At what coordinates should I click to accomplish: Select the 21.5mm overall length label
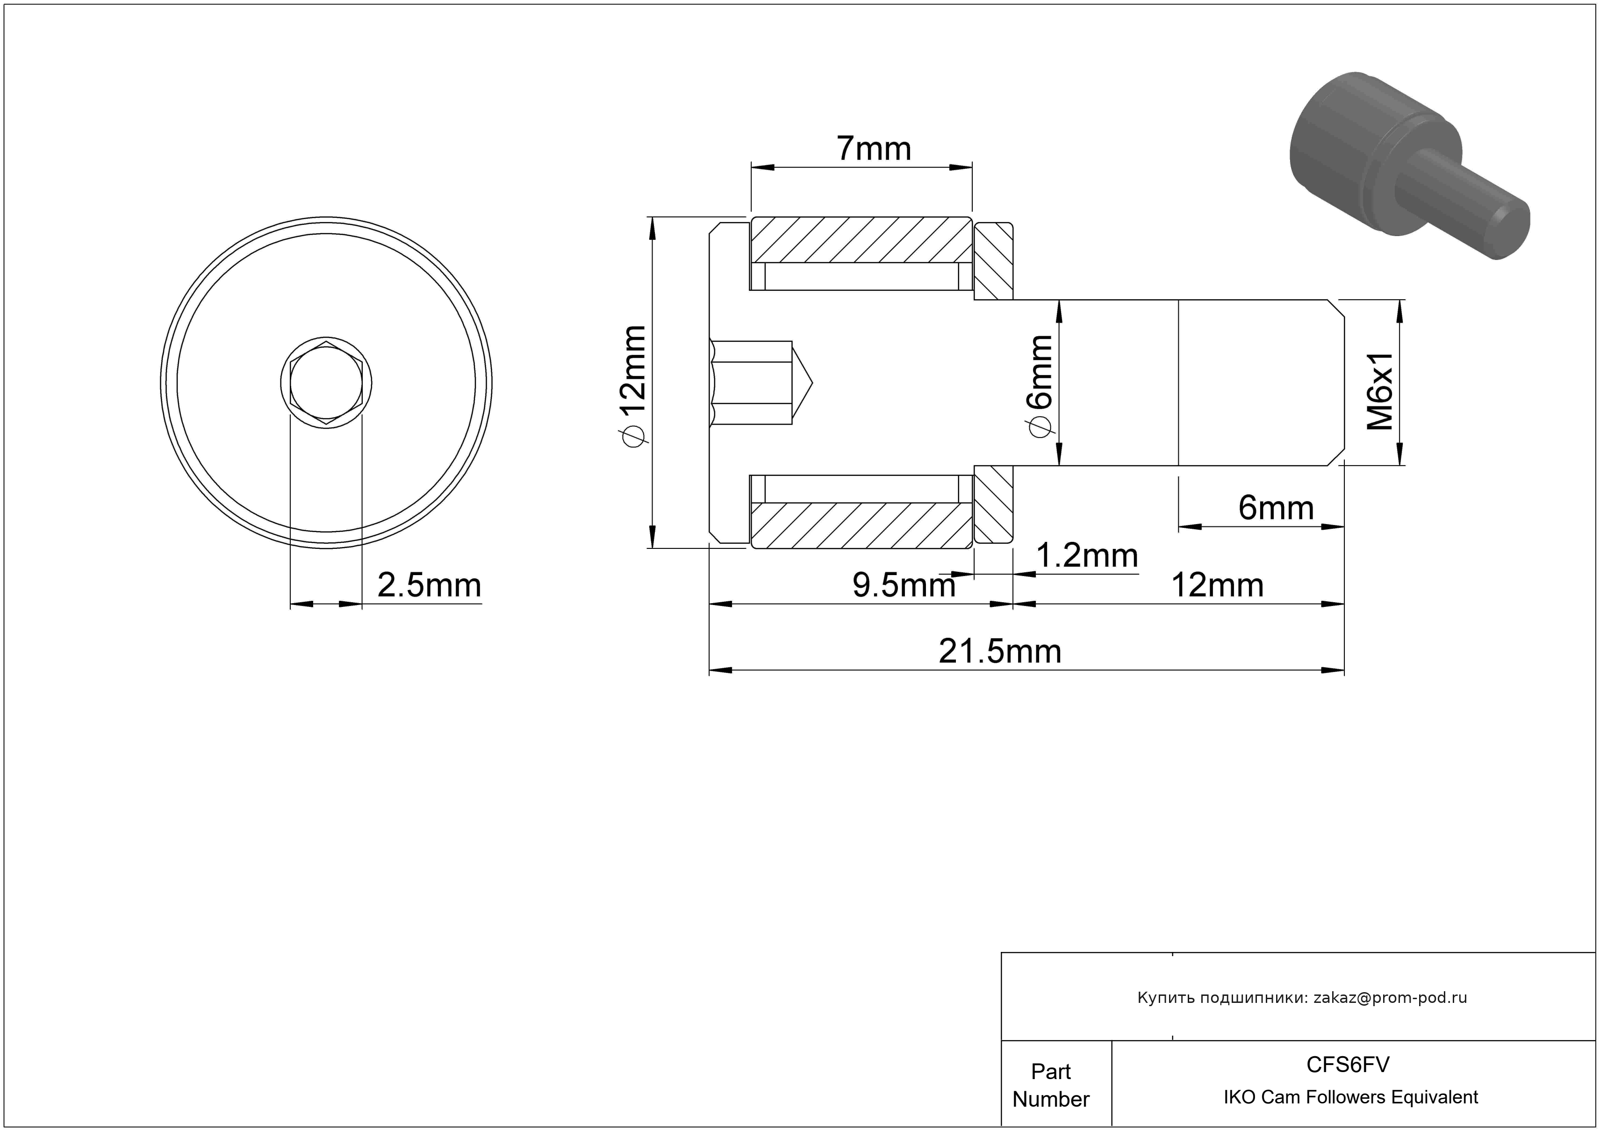(1000, 652)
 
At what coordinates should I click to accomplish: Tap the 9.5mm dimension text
(904, 585)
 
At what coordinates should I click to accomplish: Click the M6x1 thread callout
(1380, 391)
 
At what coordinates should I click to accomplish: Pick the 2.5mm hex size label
(429, 585)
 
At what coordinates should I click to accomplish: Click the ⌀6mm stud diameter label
(1040, 386)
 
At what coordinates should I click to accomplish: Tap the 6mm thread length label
(1276, 508)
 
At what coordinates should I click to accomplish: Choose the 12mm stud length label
(1218, 585)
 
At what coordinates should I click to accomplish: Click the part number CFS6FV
(1348, 1064)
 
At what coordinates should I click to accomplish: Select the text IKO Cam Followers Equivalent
(1350, 1097)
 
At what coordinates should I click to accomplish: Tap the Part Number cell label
(1051, 1085)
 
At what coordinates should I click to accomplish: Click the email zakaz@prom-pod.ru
(1390, 998)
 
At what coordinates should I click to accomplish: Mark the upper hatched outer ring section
(861, 240)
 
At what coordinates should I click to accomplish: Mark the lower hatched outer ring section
(861, 526)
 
